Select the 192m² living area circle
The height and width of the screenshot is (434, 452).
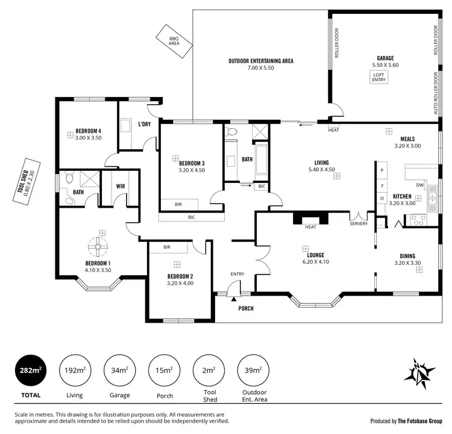(74, 371)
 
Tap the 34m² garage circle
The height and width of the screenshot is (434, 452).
(119, 371)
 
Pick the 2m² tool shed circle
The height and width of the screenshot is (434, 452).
(208, 371)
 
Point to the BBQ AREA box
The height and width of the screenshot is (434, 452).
(174, 40)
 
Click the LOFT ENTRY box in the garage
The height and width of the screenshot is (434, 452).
(379, 76)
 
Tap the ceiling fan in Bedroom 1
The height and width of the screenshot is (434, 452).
(97, 246)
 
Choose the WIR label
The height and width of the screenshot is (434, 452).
(120, 186)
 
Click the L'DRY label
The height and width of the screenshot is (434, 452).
(144, 125)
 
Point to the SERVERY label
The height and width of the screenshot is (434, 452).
(359, 224)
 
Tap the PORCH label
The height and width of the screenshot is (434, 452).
(245, 309)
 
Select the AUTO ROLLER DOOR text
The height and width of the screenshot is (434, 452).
(436, 94)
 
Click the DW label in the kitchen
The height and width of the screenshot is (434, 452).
(420, 185)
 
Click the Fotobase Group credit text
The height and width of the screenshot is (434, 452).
(406, 421)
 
